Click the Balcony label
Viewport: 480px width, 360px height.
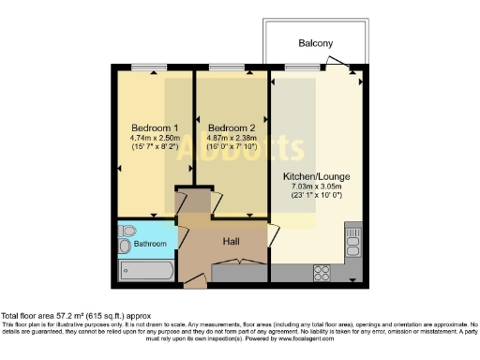[x=316, y=43]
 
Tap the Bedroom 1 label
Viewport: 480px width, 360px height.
[x=155, y=127]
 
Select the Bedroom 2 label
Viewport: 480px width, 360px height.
[x=232, y=127]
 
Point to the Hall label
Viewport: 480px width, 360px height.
[x=232, y=241]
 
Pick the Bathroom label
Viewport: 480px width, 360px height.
[x=148, y=244]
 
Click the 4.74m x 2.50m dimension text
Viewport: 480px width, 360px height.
[x=155, y=139]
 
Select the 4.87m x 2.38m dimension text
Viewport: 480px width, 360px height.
[x=232, y=139]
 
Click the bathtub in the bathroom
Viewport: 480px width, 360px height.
[x=146, y=272]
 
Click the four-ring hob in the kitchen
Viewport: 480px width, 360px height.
[x=323, y=272]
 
